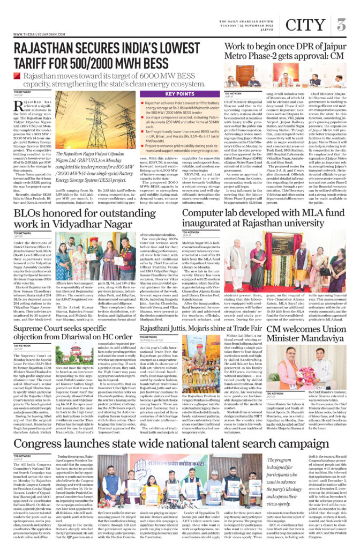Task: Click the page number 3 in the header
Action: [341, 24]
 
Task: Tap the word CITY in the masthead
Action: [304, 25]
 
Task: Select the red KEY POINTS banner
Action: [179, 94]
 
